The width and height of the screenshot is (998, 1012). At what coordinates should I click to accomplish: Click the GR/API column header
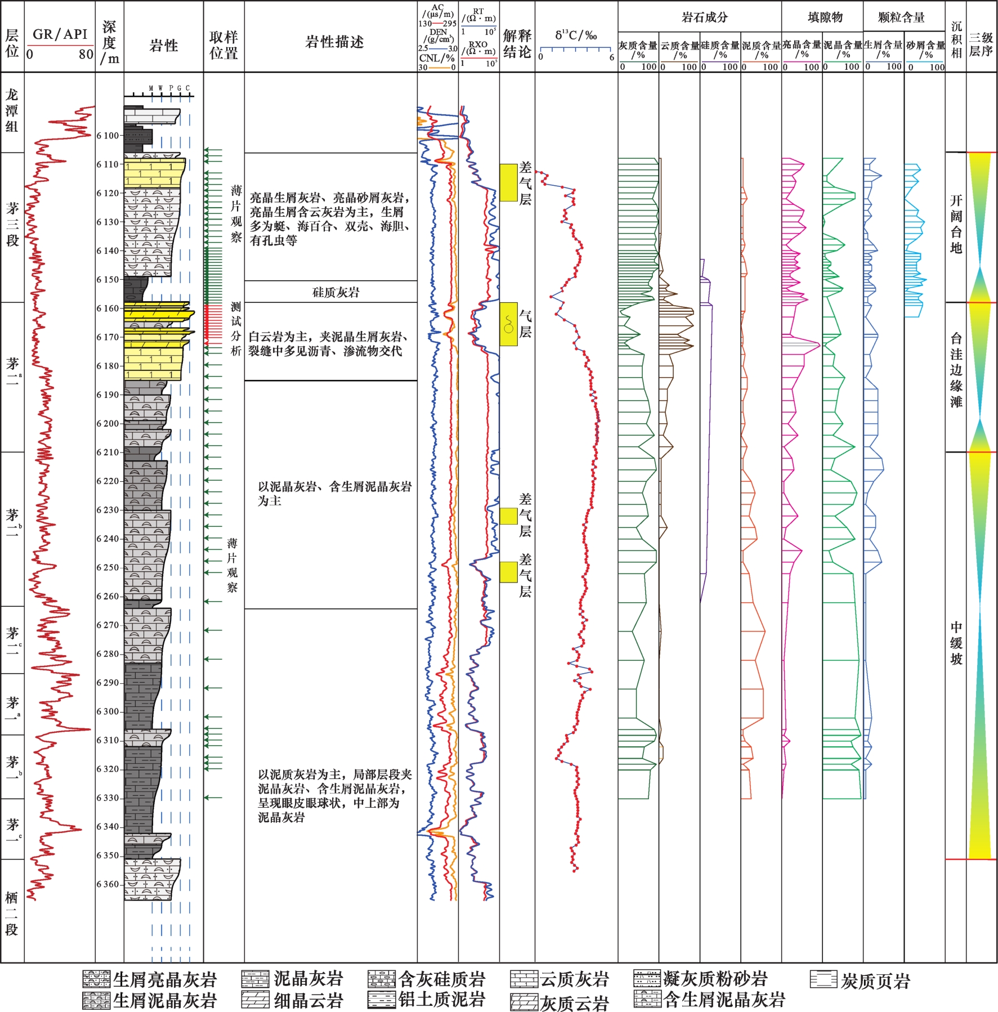(x=60, y=34)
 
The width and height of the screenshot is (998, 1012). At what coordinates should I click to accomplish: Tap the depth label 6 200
(x=108, y=423)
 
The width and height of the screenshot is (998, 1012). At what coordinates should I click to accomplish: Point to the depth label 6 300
(x=108, y=711)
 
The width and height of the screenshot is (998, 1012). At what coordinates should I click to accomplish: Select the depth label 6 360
(x=108, y=884)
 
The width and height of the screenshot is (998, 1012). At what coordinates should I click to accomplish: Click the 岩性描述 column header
(x=334, y=42)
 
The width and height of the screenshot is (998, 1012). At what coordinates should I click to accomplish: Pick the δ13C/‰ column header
(x=576, y=35)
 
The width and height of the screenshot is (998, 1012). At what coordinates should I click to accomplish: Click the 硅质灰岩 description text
(x=335, y=292)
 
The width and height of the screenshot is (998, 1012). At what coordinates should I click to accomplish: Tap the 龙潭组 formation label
(x=12, y=110)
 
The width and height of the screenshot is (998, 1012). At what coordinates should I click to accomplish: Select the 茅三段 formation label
(x=12, y=225)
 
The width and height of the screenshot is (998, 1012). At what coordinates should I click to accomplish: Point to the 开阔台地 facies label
(x=956, y=224)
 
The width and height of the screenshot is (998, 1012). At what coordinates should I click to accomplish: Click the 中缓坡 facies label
(x=956, y=643)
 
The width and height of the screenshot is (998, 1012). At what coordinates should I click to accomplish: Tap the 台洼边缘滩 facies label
(x=956, y=370)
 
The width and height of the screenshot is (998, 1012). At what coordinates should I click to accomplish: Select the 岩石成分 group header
(x=704, y=17)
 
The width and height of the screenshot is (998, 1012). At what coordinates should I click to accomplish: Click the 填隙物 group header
(x=825, y=17)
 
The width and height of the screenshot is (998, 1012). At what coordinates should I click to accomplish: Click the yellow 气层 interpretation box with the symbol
(x=508, y=324)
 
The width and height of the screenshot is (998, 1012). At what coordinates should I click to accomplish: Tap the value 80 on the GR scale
(x=86, y=55)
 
